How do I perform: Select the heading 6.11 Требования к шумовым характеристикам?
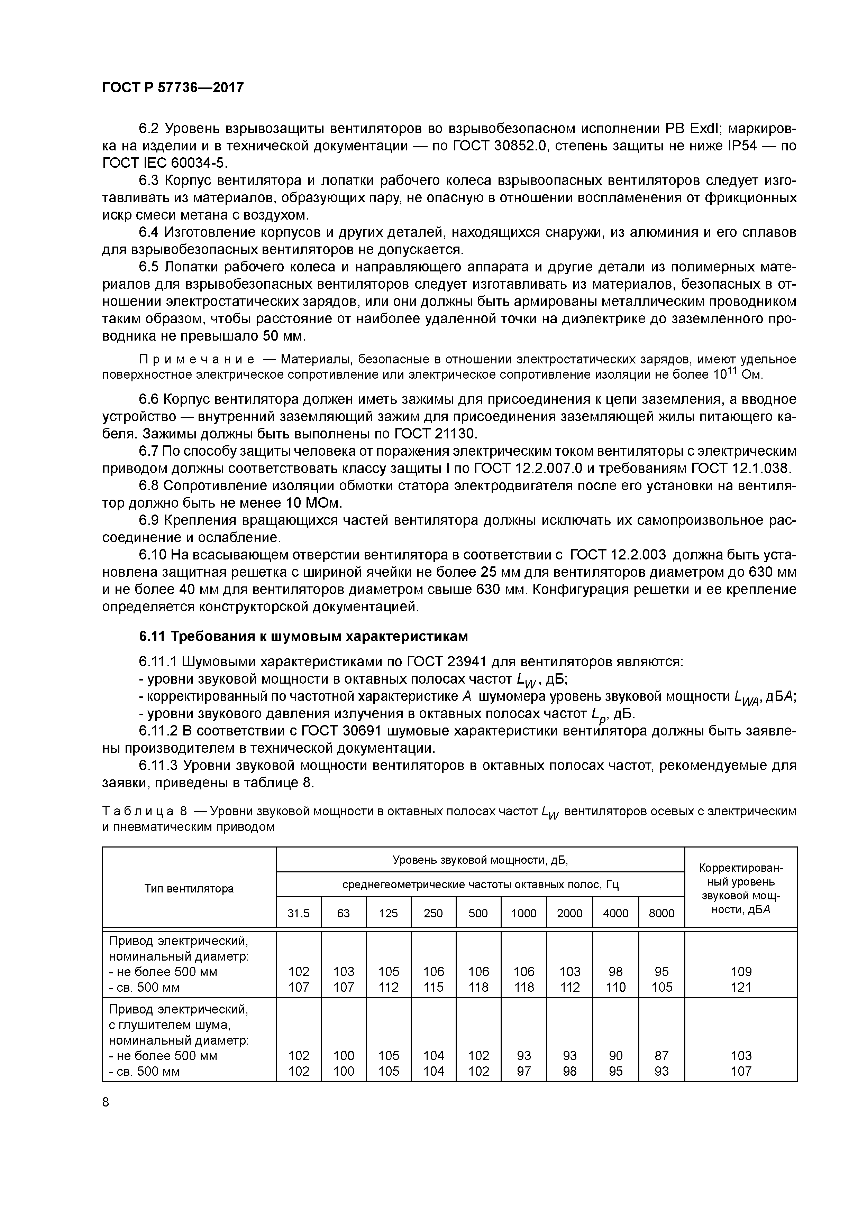tap(303, 637)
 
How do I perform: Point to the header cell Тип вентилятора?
tap(189, 889)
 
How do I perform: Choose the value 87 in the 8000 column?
tap(661, 1056)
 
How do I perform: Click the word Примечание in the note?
tap(197, 360)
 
